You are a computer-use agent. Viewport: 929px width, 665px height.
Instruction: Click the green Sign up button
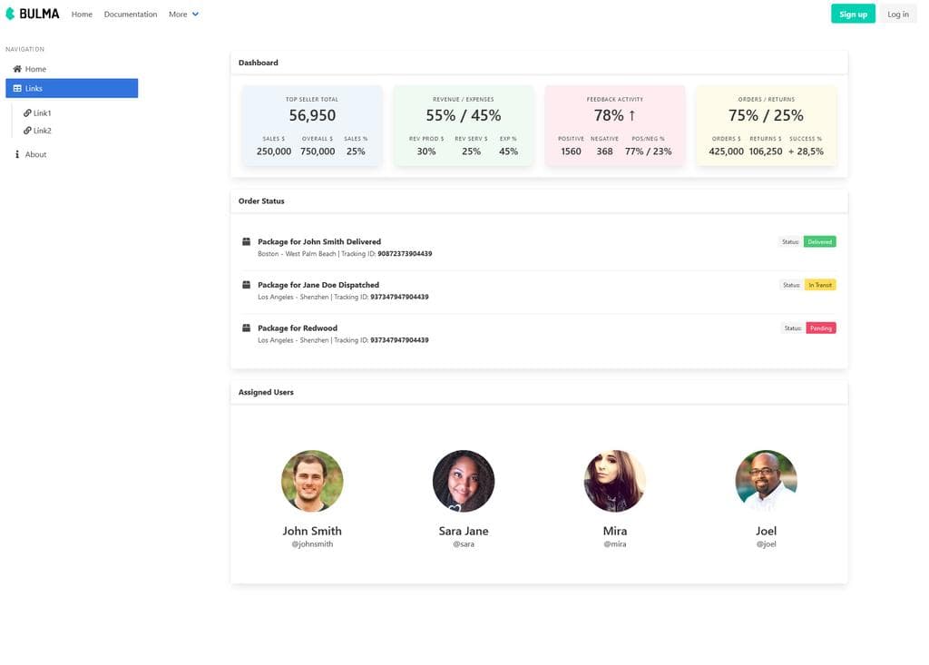point(853,14)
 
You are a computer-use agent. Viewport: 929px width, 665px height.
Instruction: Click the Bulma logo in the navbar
point(33,14)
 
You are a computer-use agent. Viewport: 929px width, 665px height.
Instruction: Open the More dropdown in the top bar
point(183,15)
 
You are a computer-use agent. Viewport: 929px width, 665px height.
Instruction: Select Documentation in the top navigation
point(131,15)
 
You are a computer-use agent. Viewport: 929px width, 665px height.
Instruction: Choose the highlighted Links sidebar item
point(72,88)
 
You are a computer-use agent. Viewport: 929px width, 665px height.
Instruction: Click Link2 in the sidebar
point(42,131)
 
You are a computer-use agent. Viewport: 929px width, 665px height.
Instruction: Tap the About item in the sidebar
point(35,154)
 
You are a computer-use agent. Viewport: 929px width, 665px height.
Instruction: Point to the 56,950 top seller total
point(312,115)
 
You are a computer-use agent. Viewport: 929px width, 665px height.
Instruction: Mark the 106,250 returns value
point(766,152)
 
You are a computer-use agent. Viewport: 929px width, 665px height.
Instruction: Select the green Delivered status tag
point(820,242)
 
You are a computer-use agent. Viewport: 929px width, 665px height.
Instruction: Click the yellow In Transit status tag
point(820,285)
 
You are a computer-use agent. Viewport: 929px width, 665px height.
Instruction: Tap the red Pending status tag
point(820,328)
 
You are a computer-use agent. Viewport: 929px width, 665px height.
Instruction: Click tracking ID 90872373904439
point(405,254)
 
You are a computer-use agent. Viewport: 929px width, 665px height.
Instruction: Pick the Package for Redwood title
point(298,328)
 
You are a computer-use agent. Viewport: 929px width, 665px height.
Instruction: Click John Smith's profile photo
point(312,481)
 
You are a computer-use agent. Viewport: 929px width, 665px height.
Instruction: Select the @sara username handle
point(464,544)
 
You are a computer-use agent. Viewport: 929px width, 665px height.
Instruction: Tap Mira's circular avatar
point(614,481)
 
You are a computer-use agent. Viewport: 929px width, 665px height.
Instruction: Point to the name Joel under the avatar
point(766,531)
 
